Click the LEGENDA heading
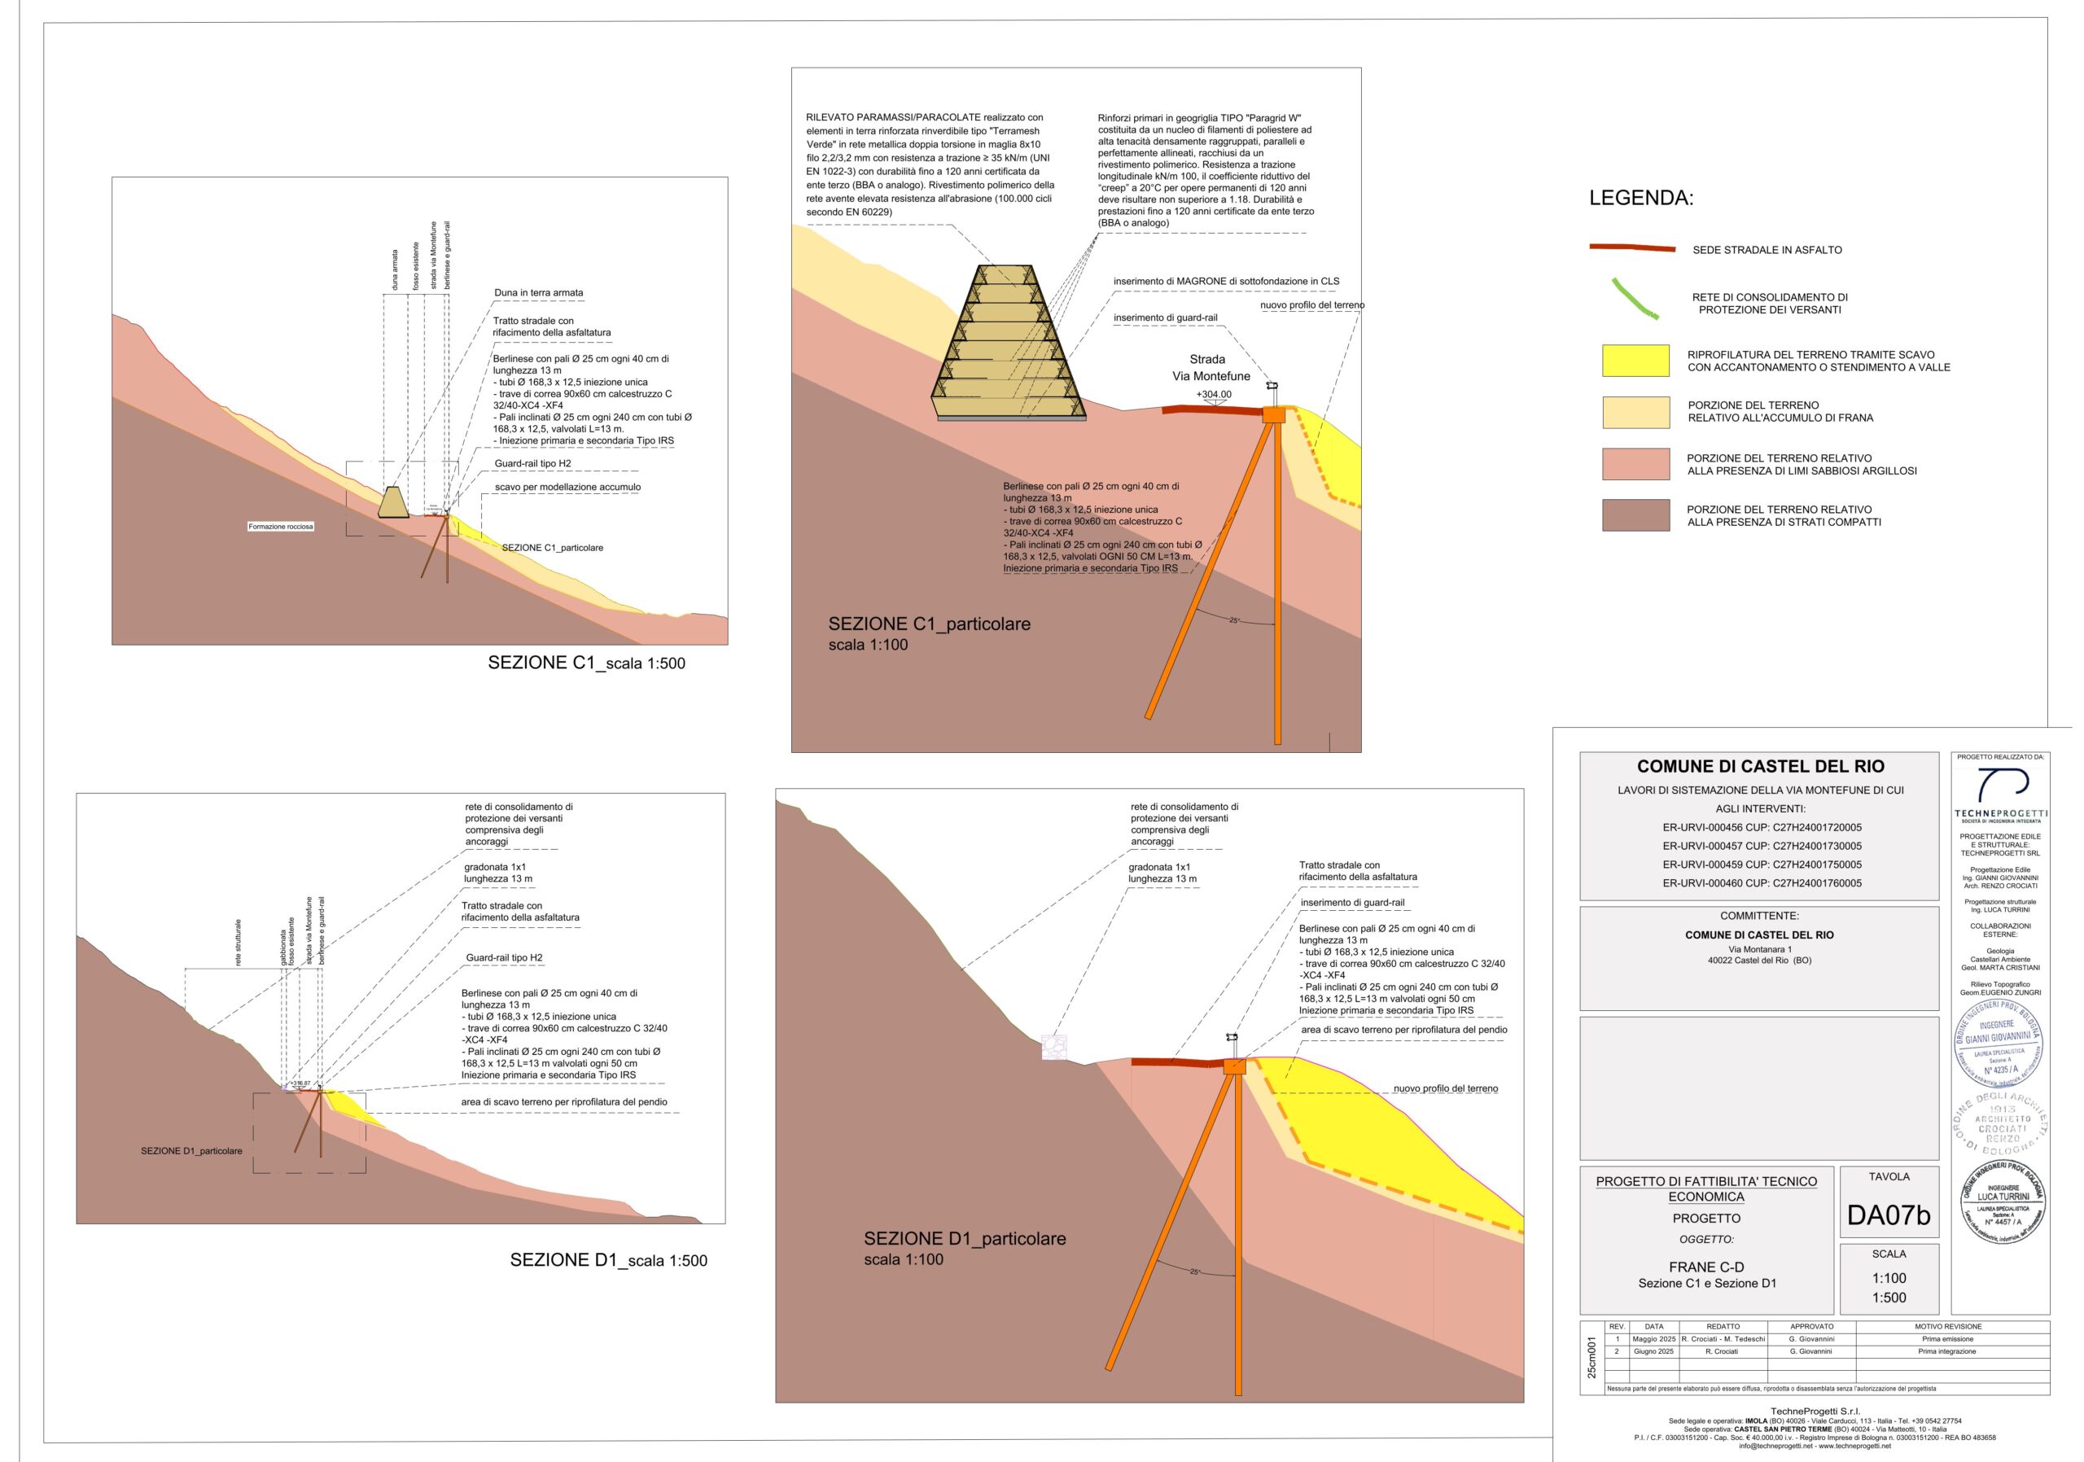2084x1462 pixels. tap(1641, 199)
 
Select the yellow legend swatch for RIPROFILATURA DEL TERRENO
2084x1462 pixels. tap(1635, 361)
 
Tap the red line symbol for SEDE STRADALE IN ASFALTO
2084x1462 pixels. tap(1632, 247)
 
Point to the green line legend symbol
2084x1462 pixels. tap(1635, 300)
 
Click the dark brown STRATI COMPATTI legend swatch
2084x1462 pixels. tap(1635, 514)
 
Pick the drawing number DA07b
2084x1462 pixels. tap(1888, 1215)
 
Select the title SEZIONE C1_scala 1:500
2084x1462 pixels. tap(586, 663)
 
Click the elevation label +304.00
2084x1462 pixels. tap(1214, 395)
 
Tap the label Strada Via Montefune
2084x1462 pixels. tap(1210, 368)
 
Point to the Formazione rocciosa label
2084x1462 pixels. tap(281, 527)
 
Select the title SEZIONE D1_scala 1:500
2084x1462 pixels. tap(608, 1259)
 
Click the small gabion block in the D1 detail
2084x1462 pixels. tap(1053, 1048)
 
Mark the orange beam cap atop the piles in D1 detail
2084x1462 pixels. tap(1234, 1066)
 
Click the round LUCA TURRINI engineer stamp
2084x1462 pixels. tap(2003, 1202)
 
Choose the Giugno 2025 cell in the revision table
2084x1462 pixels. tap(1653, 1351)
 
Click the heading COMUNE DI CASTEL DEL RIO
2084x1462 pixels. tap(1760, 766)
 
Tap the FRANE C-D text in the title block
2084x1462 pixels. tap(1706, 1267)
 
